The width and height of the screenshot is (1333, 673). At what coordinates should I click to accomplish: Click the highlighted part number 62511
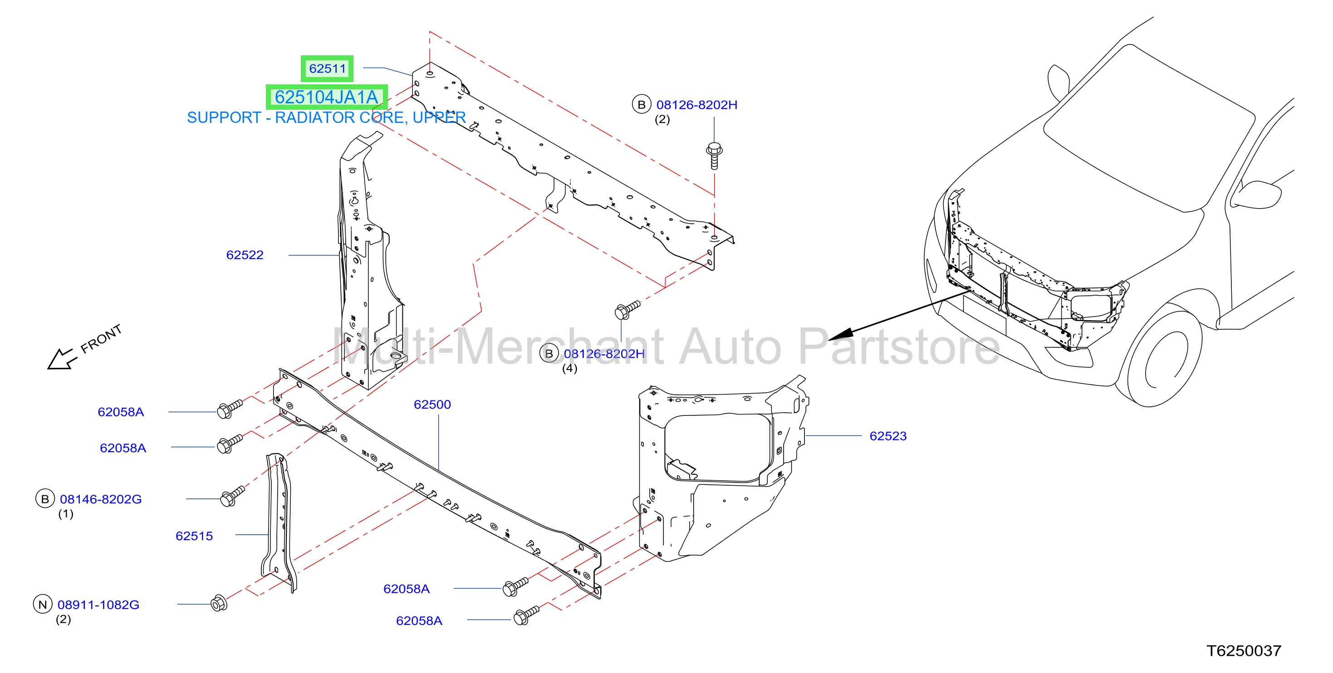coord(327,68)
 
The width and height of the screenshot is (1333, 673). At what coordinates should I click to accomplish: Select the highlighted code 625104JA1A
coord(326,97)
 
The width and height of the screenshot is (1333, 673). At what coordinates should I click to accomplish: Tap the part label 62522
coord(245,255)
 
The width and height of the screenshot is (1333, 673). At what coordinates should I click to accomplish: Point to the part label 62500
coord(432,405)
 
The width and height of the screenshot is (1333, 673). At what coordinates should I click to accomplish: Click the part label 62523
coord(888,436)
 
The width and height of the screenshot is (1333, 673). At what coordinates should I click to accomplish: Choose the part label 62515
coord(194,536)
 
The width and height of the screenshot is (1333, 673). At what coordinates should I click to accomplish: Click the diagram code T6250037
coord(1244,651)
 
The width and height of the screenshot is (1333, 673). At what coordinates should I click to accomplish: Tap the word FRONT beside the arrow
coord(102,339)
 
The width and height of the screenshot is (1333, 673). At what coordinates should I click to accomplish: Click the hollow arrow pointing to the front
coord(59,359)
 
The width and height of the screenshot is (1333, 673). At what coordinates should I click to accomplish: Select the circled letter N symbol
coord(43,604)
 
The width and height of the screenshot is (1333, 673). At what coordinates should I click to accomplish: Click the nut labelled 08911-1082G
coord(219,603)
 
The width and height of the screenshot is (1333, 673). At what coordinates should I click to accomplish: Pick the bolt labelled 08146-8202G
coord(232,496)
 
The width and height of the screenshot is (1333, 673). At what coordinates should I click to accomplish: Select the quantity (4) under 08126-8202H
coord(570,368)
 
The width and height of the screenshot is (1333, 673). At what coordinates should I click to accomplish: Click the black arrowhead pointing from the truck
coord(840,334)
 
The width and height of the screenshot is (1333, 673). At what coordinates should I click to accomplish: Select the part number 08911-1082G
coord(98,605)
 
